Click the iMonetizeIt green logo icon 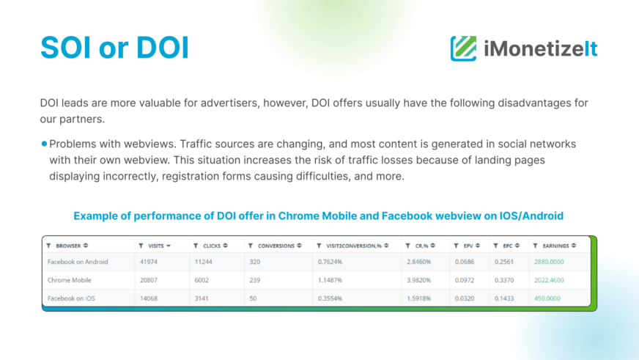pyautogui.click(x=463, y=48)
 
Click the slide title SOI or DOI pyautogui.click(x=114, y=48)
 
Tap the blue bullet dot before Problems pyautogui.click(x=44, y=144)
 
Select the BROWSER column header pyautogui.click(x=68, y=246)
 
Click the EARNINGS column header pyautogui.click(x=555, y=246)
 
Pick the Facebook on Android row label pyautogui.click(x=78, y=262)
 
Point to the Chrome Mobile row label pyautogui.click(x=70, y=280)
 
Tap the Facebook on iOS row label pyautogui.click(x=71, y=298)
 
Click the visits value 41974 pyautogui.click(x=148, y=262)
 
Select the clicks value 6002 pyautogui.click(x=202, y=280)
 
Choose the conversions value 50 pyautogui.click(x=253, y=298)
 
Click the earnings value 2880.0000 pyautogui.click(x=549, y=262)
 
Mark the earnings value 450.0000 pyautogui.click(x=547, y=298)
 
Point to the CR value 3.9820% pyautogui.click(x=418, y=280)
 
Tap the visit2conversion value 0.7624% pyautogui.click(x=330, y=262)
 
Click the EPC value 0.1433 pyautogui.click(x=504, y=298)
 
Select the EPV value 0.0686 pyautogui.click(x=465, y=262)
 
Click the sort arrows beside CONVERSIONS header pyautogui.click(x=299, y=246)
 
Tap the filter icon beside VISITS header pyautogui.click(x=141, y=246)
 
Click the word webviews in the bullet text pyautogui.click(x=149, y=144)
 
